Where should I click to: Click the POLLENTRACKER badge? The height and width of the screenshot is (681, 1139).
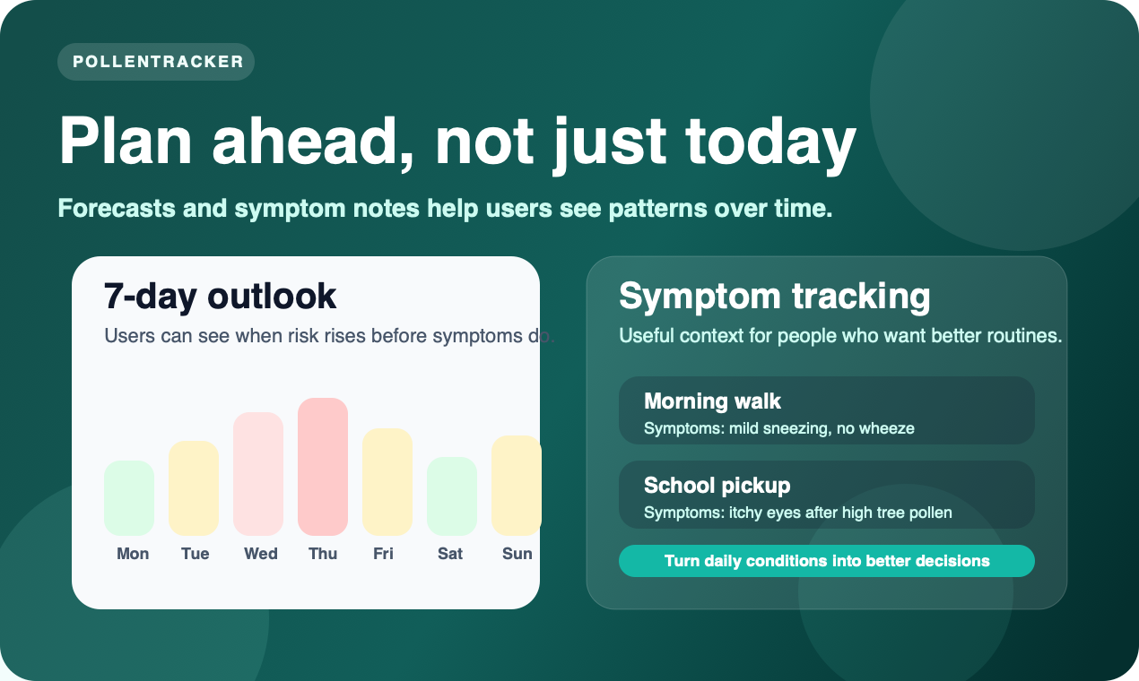(x=157, y=62)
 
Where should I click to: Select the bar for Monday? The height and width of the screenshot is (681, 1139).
(x=129, y=498)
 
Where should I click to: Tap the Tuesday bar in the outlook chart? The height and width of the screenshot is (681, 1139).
(x=194, y=488)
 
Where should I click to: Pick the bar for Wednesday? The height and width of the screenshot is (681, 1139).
(x=258, y=474)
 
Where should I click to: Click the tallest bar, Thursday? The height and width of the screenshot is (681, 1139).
(x=323, y=467)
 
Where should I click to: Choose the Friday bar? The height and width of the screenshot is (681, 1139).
(x=387, y=482)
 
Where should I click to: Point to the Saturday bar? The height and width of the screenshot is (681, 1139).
(x=451, y=496)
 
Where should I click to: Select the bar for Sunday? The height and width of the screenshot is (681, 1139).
(x=516, y=486)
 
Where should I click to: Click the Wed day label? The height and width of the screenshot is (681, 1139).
(x=261, y=554)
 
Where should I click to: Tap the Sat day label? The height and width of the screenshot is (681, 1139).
(x=450, y=554)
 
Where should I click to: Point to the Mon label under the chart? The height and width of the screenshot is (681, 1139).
(x=133, y=554)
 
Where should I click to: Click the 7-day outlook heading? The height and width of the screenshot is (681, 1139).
(x=221, y=296)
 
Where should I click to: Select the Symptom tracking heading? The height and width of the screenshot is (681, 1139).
(x=774, y=296)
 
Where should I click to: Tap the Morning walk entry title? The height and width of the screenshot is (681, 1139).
(x=712, y=401)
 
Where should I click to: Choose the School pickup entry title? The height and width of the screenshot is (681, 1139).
(x=717, y=486)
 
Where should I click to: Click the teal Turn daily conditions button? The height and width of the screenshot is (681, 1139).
(x=826, y=561)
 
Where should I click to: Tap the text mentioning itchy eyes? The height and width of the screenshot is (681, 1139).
(x=797, y=513)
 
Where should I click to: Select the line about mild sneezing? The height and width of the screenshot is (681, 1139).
(x=778, y=428)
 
